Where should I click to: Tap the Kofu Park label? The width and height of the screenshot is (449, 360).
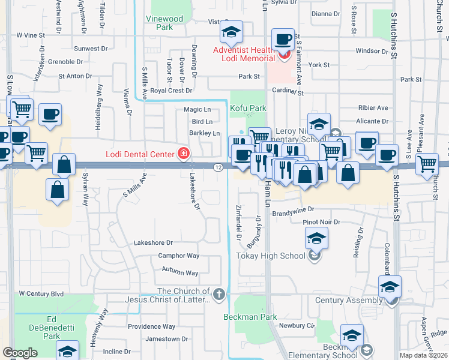pyautogui.click(x=247, y=109)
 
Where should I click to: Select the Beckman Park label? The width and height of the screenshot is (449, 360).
pyautogui.click(x=250, y=316)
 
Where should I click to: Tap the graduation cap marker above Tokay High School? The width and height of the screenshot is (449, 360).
pyautogui.click(x=316, y=239)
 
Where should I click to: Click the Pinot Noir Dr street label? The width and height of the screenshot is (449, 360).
pyautogui.click(x=321, y=222)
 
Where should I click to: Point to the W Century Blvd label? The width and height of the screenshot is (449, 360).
pyautogui.click(x=41, y=293)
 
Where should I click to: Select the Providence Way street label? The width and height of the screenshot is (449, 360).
pyautogui.click(x=151, y=326)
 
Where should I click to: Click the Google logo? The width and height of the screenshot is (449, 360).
pyautogui.click(x=20, y=353)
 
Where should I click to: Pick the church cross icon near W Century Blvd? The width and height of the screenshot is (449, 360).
pyautogui.click(x=220, y=294)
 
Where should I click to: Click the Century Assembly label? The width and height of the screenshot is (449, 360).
pyautogui.click(x=349, y=300)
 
